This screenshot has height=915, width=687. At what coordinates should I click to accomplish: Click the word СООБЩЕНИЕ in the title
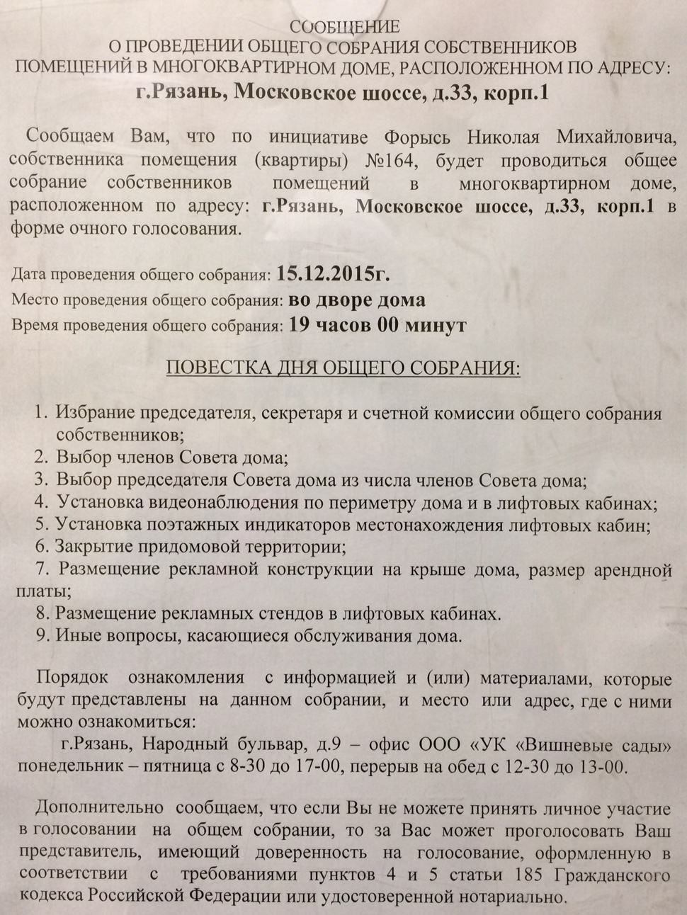pyautogui.click(x=345, y=28)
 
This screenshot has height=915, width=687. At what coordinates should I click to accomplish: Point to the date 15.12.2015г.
pyautogui.click(x=333, y=273)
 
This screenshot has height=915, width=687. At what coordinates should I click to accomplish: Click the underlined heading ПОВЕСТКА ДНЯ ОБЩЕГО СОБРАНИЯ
pyautogui.click(x=342, y=369)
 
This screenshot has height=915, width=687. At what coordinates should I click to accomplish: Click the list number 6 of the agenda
pyautogui.click(x=42, y=547)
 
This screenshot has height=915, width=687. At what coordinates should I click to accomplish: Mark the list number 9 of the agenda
pyautogui.click(x=42, y=635)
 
